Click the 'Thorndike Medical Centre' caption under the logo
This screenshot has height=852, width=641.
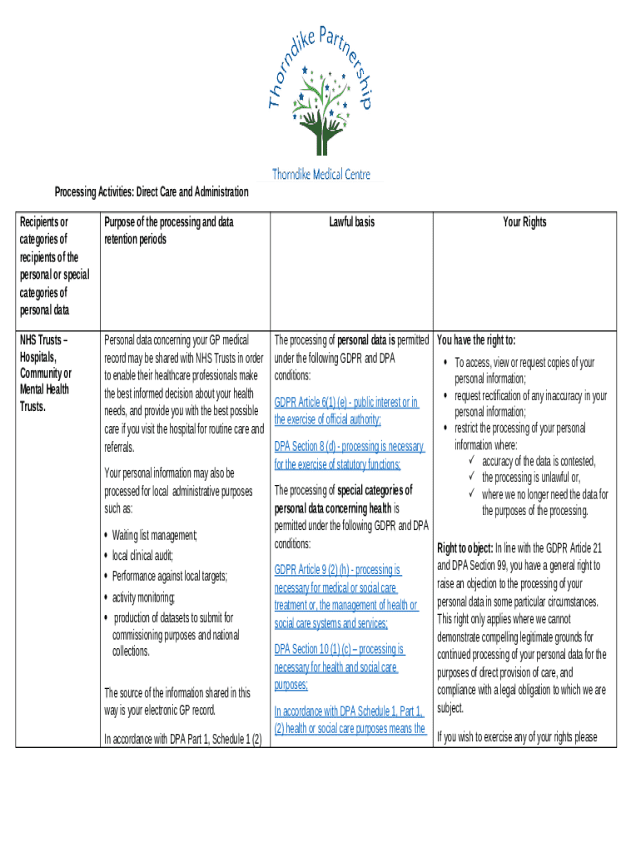point(321,175)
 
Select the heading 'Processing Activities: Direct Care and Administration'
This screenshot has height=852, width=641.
point(152,192)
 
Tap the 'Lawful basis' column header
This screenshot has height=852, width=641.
point(351,222)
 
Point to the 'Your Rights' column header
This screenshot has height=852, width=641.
point(524,222)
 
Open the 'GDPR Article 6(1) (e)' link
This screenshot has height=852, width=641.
point(346,403)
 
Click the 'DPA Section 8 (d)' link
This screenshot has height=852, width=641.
point(350,447)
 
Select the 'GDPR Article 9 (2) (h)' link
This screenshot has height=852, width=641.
point(338,570)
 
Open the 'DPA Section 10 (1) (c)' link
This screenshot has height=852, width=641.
point(340,649)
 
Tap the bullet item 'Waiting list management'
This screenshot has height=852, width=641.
point(154,535)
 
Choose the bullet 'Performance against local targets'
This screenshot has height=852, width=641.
point(169,576)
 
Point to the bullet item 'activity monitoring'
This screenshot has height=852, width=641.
point(143,597)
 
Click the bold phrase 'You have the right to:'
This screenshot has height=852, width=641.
point(476,340)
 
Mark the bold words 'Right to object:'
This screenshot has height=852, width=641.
point(465,548)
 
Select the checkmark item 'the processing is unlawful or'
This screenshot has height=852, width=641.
point(531,478)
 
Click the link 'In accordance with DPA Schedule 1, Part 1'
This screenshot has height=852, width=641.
point(350,711)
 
